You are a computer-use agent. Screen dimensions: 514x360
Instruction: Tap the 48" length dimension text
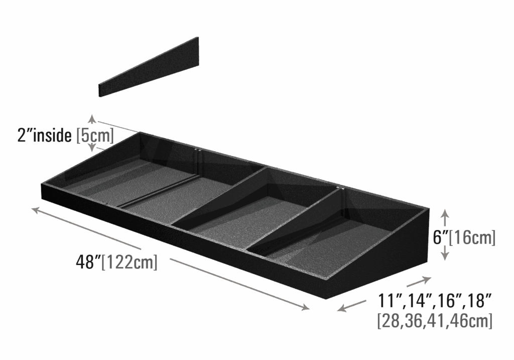click(x=85, y=262)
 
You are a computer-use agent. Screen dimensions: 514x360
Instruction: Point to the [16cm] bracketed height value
click(x=472, y=237)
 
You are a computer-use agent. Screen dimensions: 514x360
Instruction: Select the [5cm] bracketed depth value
click(x=95, y=135)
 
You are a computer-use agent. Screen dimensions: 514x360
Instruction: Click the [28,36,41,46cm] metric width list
click(x=435, y=321)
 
